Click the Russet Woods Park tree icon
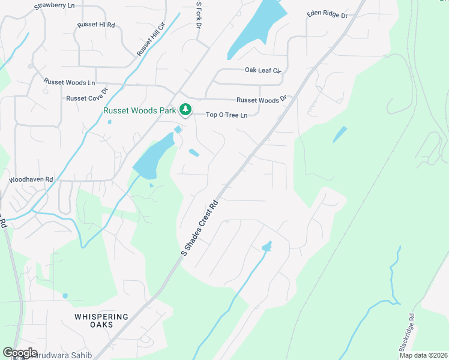[x=185, y=110]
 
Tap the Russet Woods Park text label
[x=140, y=110]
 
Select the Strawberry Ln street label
[x=55, y=5]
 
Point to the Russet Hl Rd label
[x=95, y=25]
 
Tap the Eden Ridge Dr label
[x=327, y=14]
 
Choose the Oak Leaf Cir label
[x=263, y=70]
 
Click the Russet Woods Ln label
[x=69, y=82]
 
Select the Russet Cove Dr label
[x=86, y=95]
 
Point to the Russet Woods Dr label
[x=262, y=100]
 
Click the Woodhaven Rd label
[x=31, y=179]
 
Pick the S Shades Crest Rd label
[x=200, y=227]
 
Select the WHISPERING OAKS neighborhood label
[x=101, y=320]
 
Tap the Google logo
[x=20, y=353]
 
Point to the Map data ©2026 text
[x=423, y=355]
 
